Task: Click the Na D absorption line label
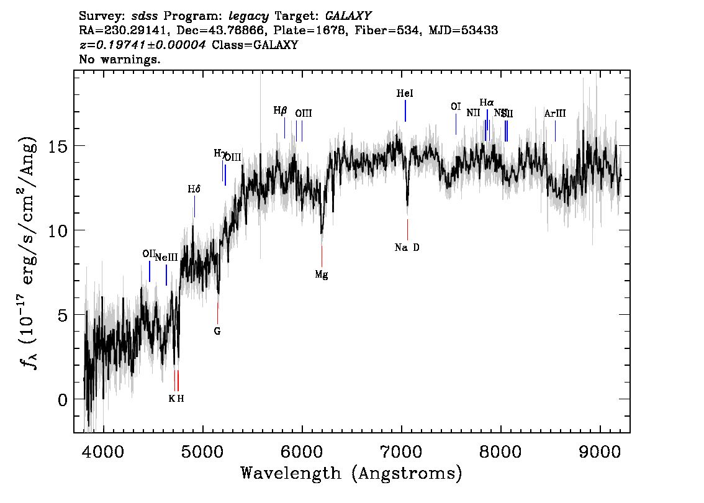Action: tap(407, 248)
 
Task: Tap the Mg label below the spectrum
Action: tap(321, 274)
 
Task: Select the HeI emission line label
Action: tap(404, 94)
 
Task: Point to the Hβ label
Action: tap(281, 111)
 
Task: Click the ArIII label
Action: tap(554, 114)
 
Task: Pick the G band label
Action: tap(217, 331)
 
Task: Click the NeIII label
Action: tap(166, 258)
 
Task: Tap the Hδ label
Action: tap(194, 189)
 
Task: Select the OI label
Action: tap(456, 107)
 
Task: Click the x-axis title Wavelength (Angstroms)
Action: tap(351, 474)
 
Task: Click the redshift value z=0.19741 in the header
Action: tap(142, 45)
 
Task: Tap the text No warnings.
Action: tap(120, 60)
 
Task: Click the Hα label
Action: tap(487, 102)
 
